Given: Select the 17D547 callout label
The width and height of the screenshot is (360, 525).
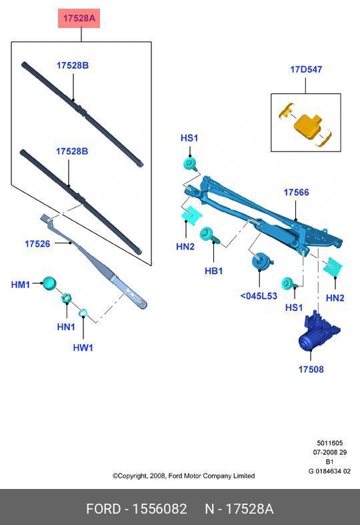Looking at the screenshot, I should click(x=305, y=69).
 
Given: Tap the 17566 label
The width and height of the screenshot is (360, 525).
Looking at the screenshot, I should click(x=296, y=192).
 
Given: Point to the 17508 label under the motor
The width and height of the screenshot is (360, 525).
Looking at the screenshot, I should click(x=311, y=369).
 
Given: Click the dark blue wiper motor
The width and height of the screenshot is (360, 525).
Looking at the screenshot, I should click(x=318, y=332).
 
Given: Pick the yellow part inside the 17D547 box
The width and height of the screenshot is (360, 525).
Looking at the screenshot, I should click(x=307, y=125).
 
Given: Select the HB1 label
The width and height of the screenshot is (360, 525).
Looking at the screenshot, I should click(x=213, y=272).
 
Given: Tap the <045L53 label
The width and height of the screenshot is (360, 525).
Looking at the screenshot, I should click(x=258, y=296).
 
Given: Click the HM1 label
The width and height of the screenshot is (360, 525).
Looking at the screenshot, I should click(x=21, y=285).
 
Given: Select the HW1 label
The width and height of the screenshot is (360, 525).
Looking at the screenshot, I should click(x=83, y=348).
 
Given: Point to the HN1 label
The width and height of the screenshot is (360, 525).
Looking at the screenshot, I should click(x=65, y=327).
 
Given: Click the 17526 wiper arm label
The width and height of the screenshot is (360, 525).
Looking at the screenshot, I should click(x=37, y=244).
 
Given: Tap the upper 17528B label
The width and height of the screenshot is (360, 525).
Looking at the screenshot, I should click(x=72, y=65).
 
